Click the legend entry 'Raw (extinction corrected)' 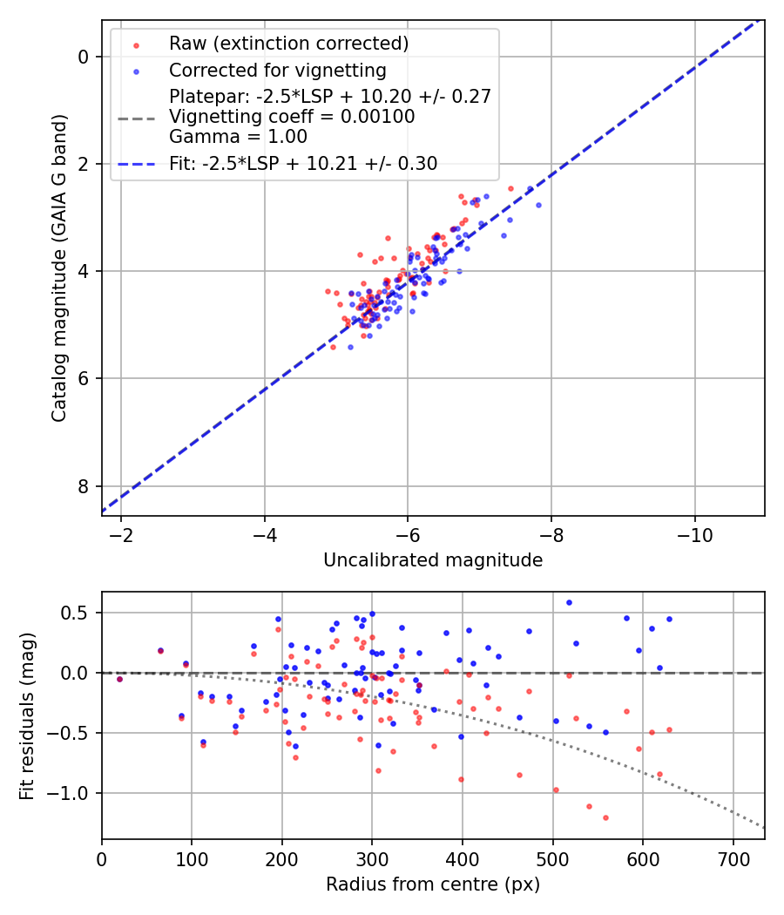288,44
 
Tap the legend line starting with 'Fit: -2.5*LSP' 303,163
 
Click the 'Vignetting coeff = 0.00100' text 292,117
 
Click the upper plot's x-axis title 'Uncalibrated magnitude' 433,560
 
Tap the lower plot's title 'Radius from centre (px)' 433,884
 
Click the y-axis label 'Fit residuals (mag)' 27,715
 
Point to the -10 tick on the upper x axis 693,532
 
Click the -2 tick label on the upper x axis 121,532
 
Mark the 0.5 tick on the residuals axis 78,613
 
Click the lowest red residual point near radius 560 605,817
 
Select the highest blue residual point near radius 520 569,602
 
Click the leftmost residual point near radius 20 119,679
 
